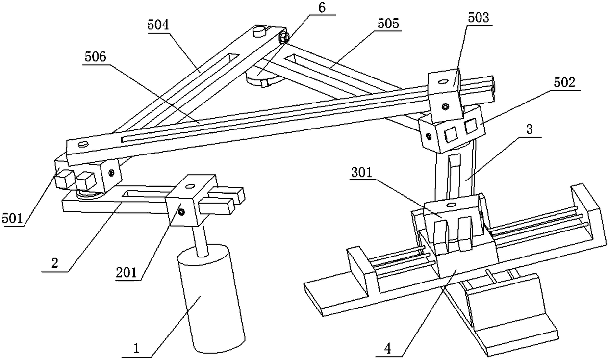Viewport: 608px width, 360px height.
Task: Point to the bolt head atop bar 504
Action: coord(260,33)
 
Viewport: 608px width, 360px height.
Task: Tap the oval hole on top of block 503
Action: coord(443,83)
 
